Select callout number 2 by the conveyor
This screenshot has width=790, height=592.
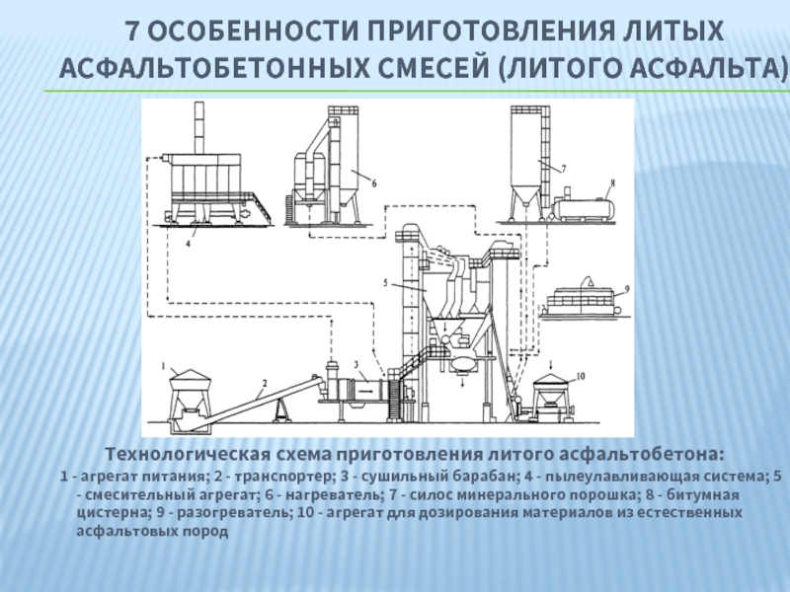coord(264,382)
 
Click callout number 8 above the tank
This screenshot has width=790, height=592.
coord(612,183)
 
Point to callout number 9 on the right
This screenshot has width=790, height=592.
coord(627,289)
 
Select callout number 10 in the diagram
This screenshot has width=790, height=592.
coord(580,376)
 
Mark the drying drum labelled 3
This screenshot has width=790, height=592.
coord(361,390)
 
